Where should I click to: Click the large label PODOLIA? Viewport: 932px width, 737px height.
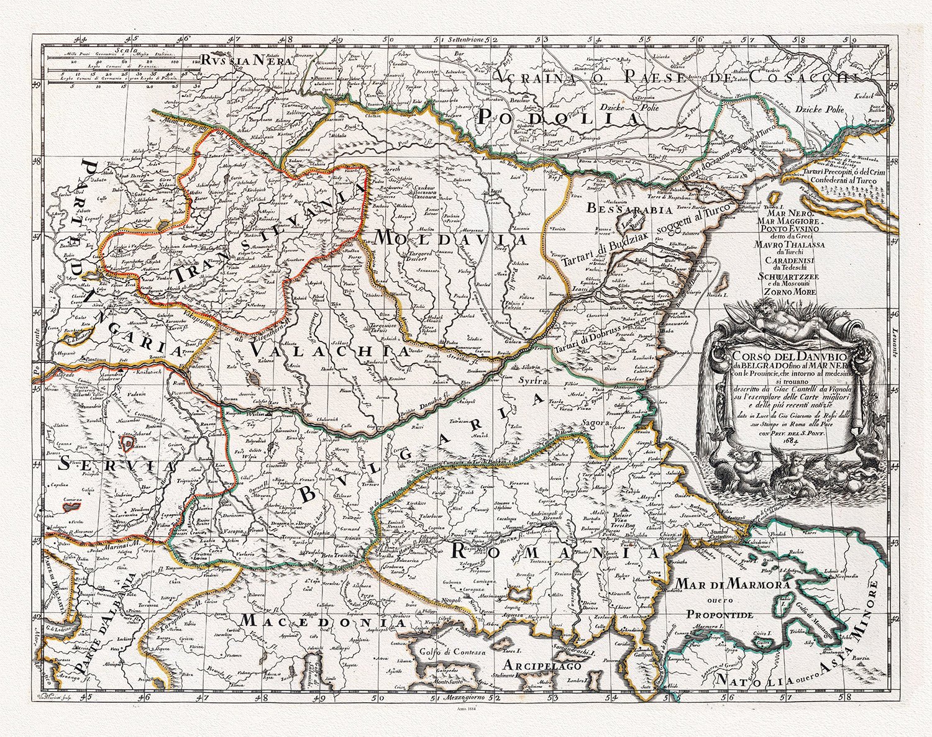click(x=559, y=117)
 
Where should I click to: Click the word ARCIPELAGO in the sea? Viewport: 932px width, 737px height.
click(x=542, y=666)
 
